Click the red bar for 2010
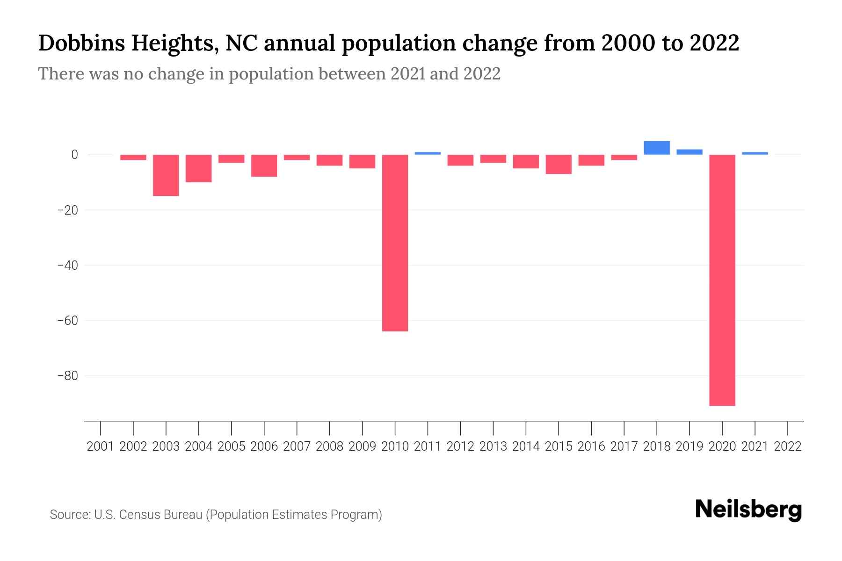pos(395,243)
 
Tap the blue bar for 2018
pos(656,148)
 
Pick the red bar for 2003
pos(166,175)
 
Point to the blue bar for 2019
pos(689,152)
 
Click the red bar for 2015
pos(558,164)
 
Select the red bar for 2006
pos(264,165)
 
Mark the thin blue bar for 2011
pos(428,153)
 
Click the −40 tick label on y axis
pos(67,265)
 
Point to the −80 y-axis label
pos(67,376)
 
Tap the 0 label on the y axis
pos(74,155)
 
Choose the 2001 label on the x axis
pos(101,446)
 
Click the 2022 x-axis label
pos(788,446)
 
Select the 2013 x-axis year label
pos(493,446)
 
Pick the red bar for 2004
pos(199,168)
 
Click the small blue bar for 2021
pos(755,153)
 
